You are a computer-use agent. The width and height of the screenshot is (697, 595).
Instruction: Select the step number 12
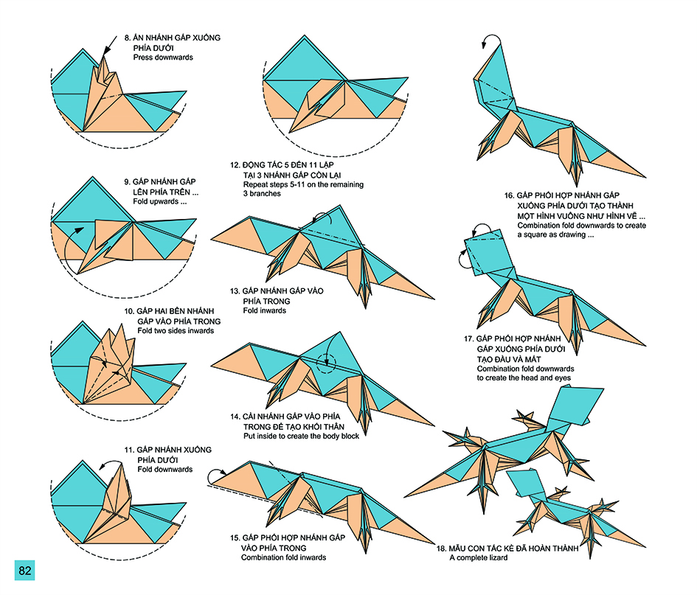pyautogui.click(x=235, y=164)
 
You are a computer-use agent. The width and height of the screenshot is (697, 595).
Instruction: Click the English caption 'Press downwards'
pyautogui.click(x=163, y=58)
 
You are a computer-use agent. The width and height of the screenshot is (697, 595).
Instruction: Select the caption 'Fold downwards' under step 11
pyautogui.click(x=164, y=469)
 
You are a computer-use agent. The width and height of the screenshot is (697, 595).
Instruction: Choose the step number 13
pyautogui.click(x=235, y=291)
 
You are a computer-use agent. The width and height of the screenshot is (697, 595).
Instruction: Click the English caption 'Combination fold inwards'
pyautogui.click(x=283, y=557)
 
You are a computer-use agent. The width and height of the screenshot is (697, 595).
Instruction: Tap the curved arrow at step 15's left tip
pyautogui.click(x=215, y=475)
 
